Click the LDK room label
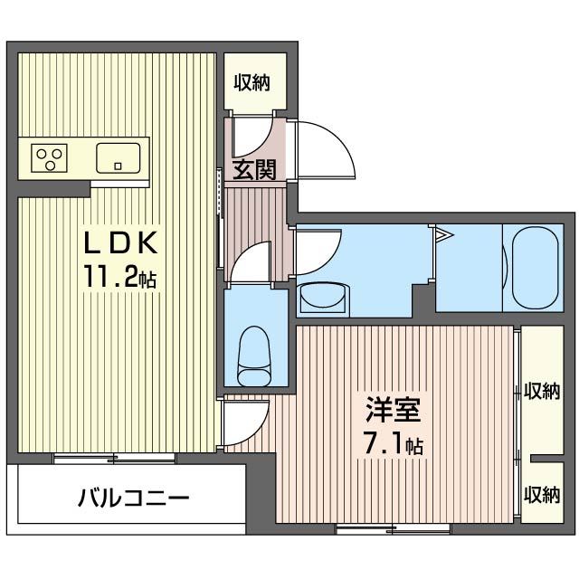coord(122,243)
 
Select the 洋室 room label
coord(393,412)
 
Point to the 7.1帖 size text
coord(392,445)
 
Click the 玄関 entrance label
coord(254,169)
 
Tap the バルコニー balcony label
coord(132,497)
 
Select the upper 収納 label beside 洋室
coord(541,391)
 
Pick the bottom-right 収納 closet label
coord(541,495)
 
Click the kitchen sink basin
coord(119,158)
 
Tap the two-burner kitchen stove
coord(51,158)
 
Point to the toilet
coord(252,356)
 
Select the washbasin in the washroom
coord(323,297)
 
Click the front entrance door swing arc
coord(321,149)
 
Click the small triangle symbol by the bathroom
coord(442,236)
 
